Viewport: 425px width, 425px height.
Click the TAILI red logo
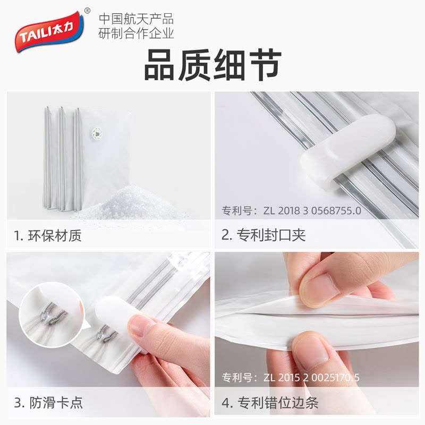click(x=49, y=31)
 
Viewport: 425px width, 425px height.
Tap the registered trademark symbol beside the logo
click(x=87, y=11)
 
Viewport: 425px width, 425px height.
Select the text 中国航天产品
click(x=136, y=19)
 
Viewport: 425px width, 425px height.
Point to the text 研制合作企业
click(x=136, y=33)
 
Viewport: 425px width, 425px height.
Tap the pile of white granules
click(x=130, y=202)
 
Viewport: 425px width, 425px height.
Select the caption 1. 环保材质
click(x=48, y=235)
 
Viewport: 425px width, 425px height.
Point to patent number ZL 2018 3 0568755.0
click(x=312, y=210)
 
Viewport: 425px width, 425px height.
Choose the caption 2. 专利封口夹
click(x=263, y=235)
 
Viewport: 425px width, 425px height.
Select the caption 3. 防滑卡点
click(x=48, y=403)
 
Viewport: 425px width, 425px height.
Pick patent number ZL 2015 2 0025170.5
click(x=312, y=377)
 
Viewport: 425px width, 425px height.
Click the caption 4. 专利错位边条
click(x=270, y=403)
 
